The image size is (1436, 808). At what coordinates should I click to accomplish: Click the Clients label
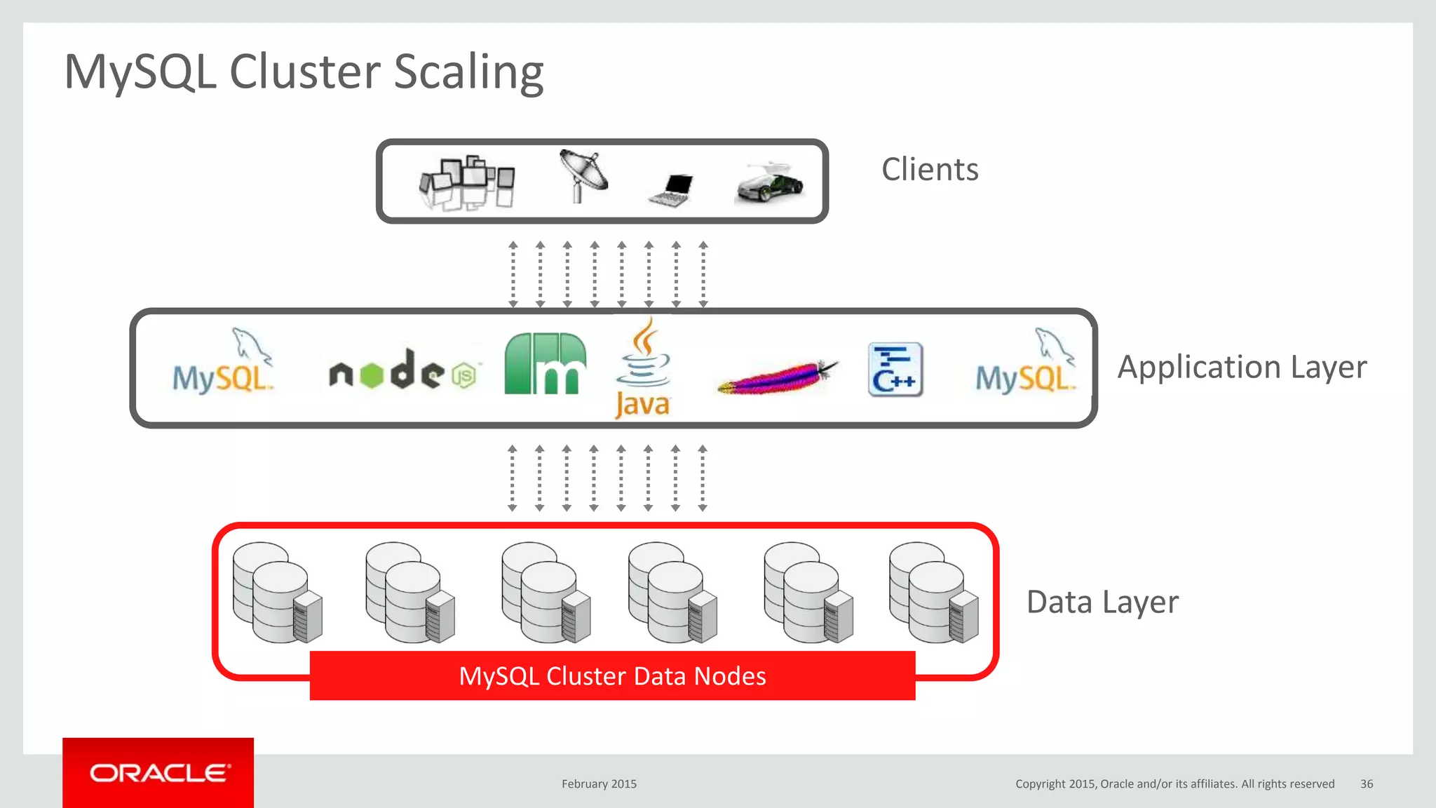pos(929,170)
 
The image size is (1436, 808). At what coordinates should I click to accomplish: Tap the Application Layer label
pos(1241,368)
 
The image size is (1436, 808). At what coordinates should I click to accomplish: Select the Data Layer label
pos(1102,602)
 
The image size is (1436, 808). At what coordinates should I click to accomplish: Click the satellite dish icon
pos(583,175)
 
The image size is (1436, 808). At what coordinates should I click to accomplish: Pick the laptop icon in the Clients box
pos(672,190)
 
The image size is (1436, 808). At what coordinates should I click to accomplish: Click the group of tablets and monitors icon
pos(466,182)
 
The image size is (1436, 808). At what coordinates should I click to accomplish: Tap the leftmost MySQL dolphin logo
pos(223,363)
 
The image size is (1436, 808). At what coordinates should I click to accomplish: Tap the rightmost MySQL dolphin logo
pos(1025,363)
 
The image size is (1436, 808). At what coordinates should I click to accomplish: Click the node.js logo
pos(403,371)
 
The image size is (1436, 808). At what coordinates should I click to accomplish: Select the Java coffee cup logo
pos(643,368)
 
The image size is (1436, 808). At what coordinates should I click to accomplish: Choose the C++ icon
pos(895,370)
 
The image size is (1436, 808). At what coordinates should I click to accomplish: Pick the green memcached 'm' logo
pos(545,364)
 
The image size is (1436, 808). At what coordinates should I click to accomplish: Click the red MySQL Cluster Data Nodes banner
pos(612,676)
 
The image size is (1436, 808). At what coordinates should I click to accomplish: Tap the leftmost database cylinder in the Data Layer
pos(277,593)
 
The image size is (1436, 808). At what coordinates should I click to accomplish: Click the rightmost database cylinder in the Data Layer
pos(933,593)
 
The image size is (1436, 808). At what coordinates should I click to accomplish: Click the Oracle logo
pos(158,773)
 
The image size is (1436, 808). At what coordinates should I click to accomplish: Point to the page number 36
pos(1366,784)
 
